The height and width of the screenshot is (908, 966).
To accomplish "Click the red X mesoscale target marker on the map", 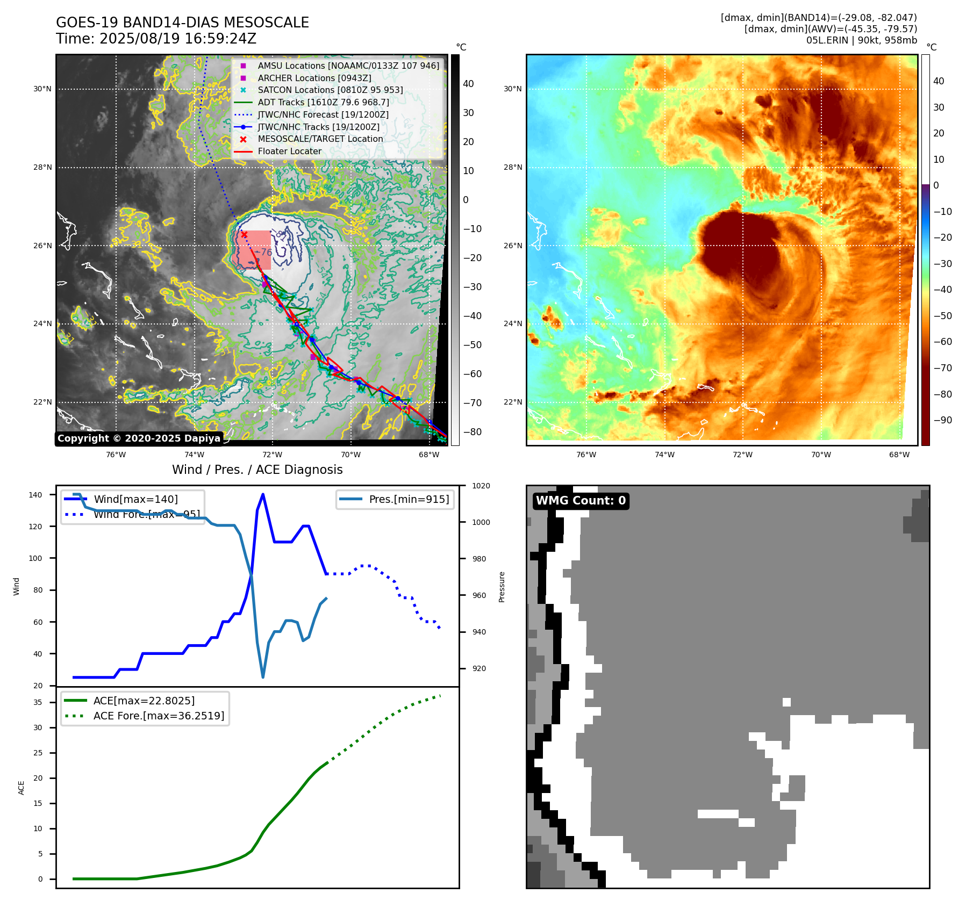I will pos(244,234).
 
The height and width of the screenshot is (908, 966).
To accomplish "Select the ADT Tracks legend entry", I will pos(323,102).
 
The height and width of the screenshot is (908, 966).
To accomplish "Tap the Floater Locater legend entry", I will pos(289,151).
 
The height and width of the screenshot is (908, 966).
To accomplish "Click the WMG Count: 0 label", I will pos(581,501).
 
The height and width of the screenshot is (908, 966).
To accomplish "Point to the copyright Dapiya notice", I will pos(139,438).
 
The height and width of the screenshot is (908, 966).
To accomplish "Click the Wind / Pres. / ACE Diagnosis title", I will pos(257,470).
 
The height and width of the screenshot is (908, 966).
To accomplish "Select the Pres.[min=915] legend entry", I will pos(409,499).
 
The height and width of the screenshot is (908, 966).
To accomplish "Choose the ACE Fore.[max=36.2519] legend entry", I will pos(159,716).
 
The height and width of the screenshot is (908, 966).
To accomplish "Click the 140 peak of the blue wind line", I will pos(263,494).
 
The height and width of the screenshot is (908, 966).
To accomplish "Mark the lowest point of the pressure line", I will pos(263,677).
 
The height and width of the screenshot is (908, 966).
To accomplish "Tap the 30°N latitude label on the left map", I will pos(42,89).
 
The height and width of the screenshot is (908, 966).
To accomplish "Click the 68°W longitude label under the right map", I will pos(899,455).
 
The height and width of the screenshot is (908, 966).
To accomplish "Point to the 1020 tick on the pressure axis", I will pos(481,486).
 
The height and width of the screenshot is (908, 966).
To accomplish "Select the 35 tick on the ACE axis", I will pos(38,702).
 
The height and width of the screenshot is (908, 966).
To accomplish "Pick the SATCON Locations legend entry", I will pos(330,90).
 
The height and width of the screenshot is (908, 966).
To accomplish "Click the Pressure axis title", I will pos(502,587).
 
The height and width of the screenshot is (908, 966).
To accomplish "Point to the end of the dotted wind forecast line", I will pos(440,628).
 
